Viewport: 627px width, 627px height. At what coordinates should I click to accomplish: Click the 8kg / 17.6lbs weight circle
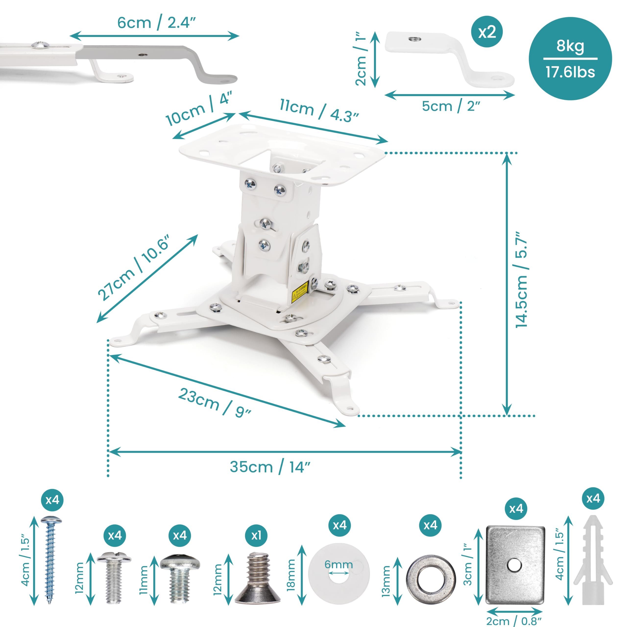coord(570,59)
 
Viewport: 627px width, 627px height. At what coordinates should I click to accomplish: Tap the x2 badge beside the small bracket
coord(487,32)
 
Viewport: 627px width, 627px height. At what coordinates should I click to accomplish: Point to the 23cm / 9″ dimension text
coord(215,402)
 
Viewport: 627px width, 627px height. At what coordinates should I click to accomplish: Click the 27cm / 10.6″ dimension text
coord(134,268)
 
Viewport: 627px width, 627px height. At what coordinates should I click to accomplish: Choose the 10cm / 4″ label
coord(199,109)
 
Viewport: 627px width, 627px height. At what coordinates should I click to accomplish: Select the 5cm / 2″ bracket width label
coord(451,106)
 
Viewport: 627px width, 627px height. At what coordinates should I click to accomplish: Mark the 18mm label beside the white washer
coord(291,575)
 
